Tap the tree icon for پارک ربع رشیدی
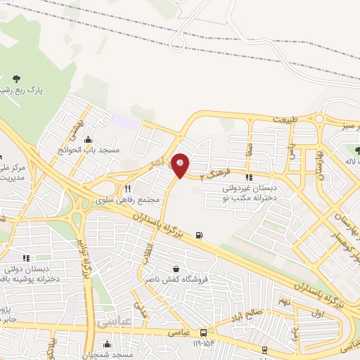pyautogui.click(x=17, y=79)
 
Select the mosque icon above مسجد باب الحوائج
pyautogui.click(x=88, y=139)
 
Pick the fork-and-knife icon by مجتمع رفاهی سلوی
pyautogui.click(x=128, y=188)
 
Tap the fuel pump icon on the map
pyautogui.click(x=202, y=235)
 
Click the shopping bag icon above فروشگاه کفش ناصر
pyautogui.click(x=175, y=269)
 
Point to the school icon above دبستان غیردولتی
pyautogui.click(x=249, y=176)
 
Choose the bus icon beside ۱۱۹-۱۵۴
pyautogui.click(x=203, y=332)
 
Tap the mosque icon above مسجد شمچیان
pyautogui.click(x=106, y=345)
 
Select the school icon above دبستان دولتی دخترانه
pyautogui.click(x=26, y=259)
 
